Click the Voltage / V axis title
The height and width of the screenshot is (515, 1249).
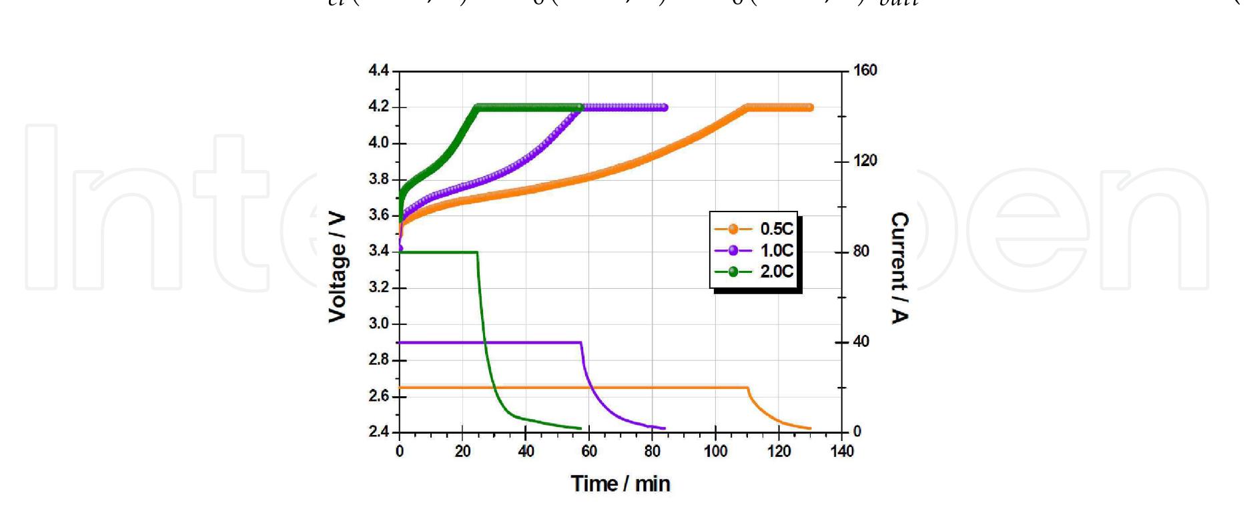tap(338, 268)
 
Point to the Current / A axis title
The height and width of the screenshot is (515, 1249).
tap(899, 268)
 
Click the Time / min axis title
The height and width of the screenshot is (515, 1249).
tap(620, 484)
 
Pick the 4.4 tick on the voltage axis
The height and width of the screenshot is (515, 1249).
tap(378, 71)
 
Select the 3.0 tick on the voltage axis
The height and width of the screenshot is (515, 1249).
tap(378, 324)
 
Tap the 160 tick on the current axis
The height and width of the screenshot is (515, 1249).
tap(865, 71)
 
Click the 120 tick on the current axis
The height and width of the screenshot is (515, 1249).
tap(865, 161)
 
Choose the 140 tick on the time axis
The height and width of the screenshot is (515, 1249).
tap(842, 452)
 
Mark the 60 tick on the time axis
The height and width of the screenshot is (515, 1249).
tap(589, 452)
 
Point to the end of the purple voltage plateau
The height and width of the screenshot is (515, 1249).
tap(665, 107)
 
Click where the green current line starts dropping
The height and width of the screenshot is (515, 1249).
tap(477, 252)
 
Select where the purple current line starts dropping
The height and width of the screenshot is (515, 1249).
tap(581, 343)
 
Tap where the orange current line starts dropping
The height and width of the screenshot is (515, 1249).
tap(747, 388)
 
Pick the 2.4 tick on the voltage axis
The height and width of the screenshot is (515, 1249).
tap(378, 432)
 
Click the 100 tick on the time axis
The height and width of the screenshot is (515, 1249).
tap(716, 452)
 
